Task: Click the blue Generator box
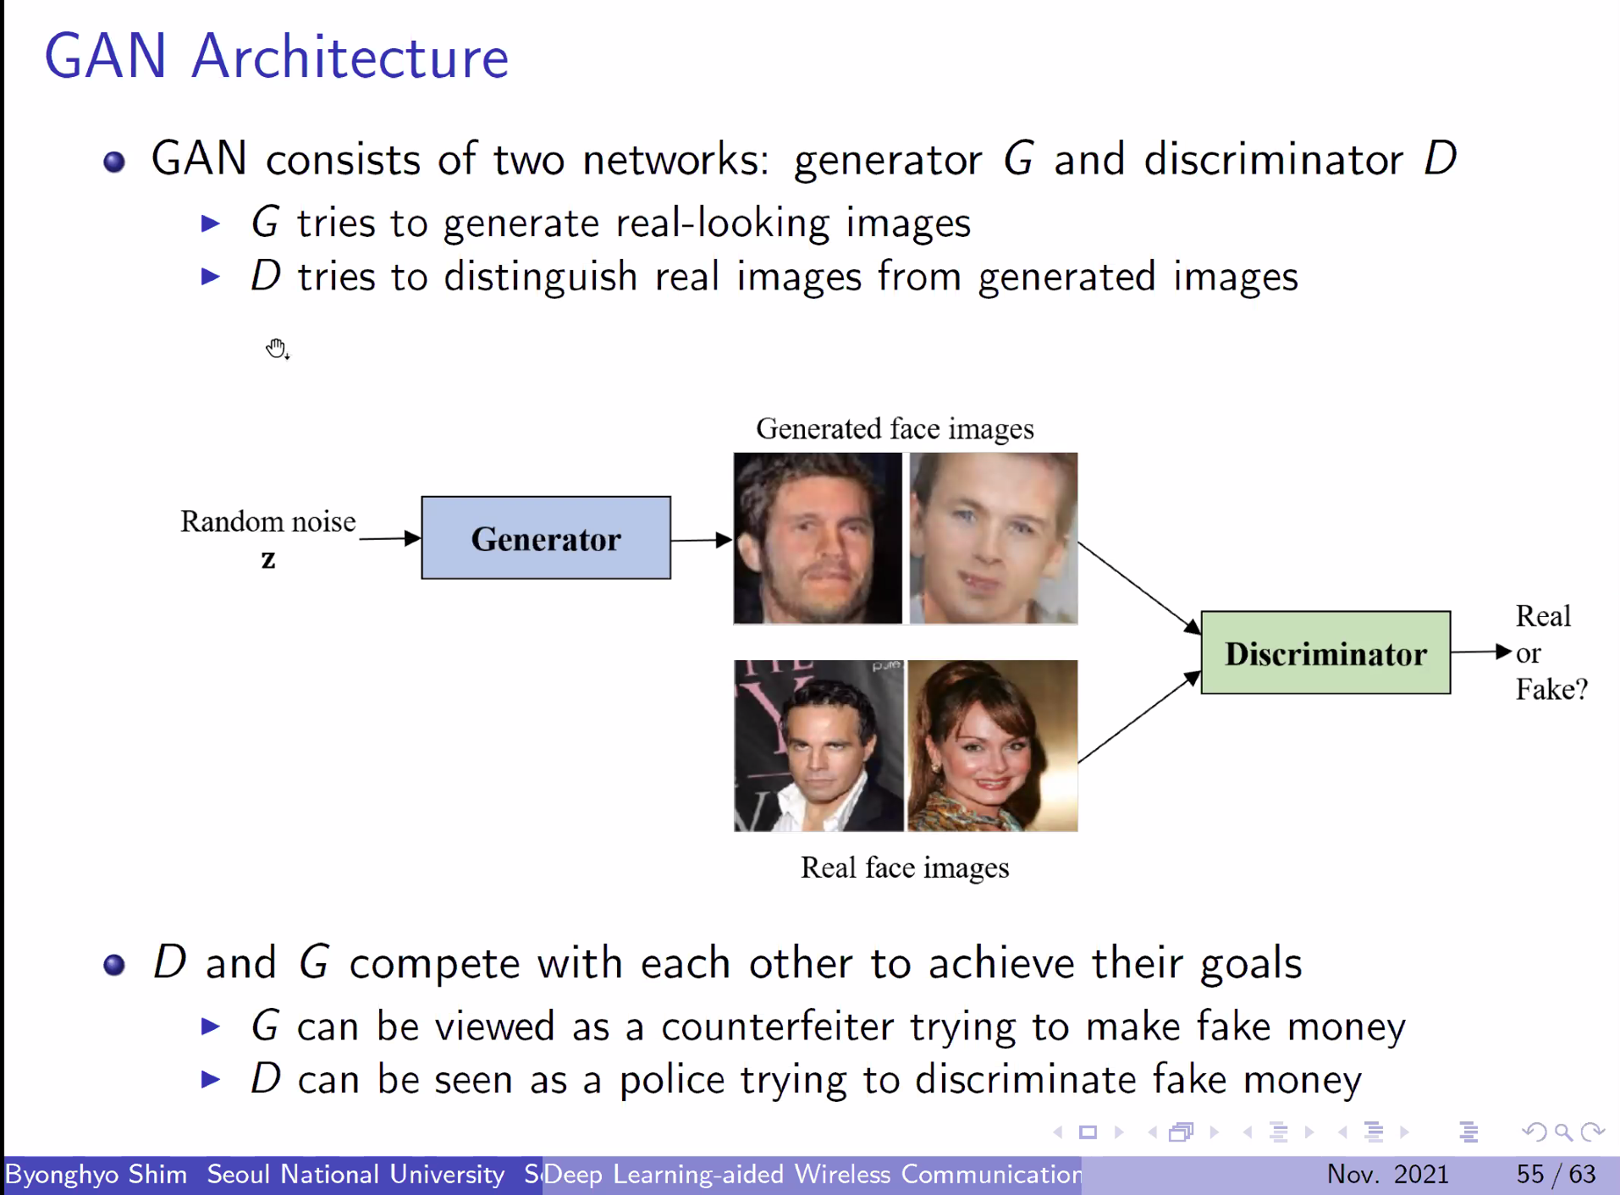click(546, 538)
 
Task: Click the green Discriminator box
click(1325, 653)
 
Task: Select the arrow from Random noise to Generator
click(389, 538)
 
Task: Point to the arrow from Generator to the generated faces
click(701, 540)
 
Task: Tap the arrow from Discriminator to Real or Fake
click(1480, 652)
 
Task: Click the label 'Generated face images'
click(895, 429)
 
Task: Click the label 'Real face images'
click(905, 867)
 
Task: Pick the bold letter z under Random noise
click(268, 559)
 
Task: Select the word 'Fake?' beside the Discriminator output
click(1551, 690)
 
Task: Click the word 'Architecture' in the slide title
click(350, 58)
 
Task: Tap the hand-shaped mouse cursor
click(277, 348)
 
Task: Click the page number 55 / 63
click(1556, 1174)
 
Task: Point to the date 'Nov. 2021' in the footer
click(1387, 1174)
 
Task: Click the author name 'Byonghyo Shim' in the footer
click(96, 1175)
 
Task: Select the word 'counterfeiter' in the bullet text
click(777, 1027)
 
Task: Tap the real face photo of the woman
click(992, 746)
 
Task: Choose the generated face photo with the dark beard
click(818, 538)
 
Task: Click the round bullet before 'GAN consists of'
click(114, 162)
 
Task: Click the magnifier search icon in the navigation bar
click(1563, 1132)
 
